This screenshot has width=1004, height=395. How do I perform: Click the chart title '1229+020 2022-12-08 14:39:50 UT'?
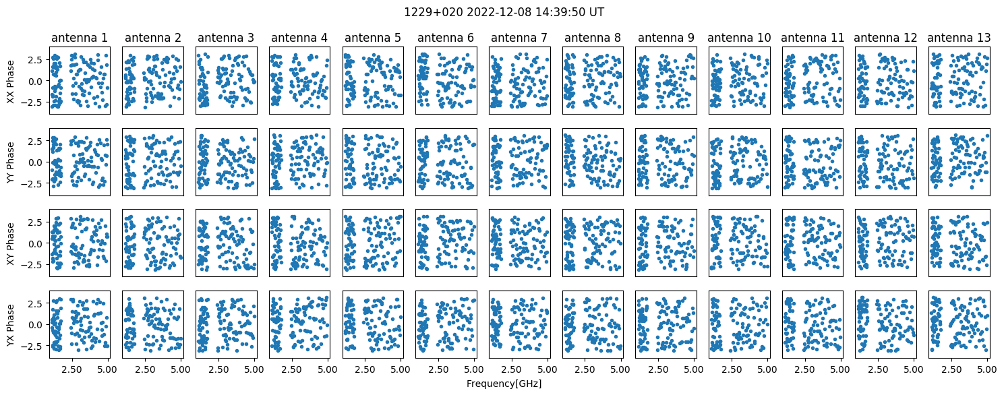504,12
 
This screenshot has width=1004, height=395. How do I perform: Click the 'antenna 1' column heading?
80,38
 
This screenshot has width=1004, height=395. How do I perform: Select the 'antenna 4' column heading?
299,38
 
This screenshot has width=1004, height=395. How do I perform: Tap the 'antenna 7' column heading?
519,38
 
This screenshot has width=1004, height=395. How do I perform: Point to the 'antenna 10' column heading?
739,38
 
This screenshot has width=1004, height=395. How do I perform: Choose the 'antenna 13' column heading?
959,38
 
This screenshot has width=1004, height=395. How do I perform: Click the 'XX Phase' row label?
11,81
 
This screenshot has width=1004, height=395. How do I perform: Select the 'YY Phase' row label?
11,162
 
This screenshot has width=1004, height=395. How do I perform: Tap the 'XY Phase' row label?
11,243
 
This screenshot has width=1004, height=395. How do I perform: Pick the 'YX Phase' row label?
11,325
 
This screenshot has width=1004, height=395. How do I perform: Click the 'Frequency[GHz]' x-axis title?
504,384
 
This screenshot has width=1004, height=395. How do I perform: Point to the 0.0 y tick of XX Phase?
39,81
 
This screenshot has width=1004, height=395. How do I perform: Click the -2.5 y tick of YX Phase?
36,346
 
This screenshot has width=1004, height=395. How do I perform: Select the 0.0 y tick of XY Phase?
39,243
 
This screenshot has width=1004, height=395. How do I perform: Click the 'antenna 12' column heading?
886,38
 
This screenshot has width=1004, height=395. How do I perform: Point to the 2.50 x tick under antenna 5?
365,369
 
